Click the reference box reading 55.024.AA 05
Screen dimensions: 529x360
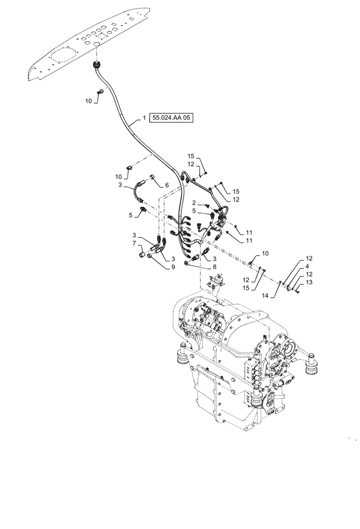tap(172, 118)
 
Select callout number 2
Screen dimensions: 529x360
tap(194, 203)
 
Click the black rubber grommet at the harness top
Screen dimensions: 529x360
tap(97, 65)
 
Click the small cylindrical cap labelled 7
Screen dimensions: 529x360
tap(142, 257)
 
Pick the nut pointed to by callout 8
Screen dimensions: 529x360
tap(187, 263)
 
